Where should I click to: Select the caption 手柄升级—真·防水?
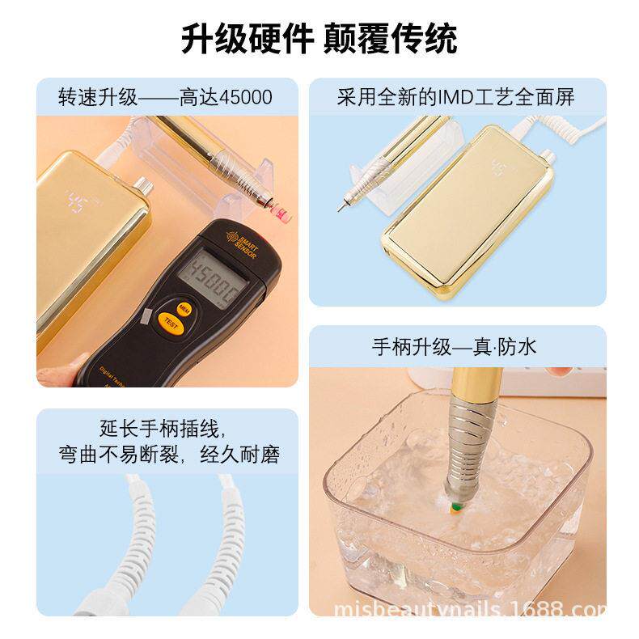click(x=454, y=348)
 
